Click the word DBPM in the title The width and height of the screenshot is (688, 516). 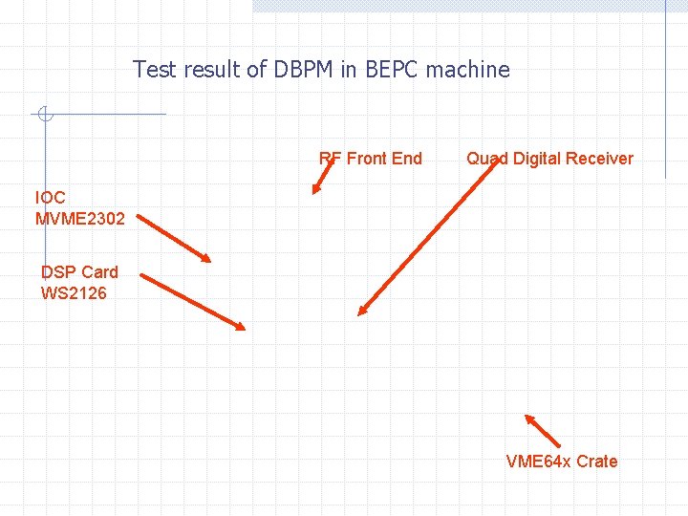coord(301,70)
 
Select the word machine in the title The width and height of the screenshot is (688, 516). coord(468,70)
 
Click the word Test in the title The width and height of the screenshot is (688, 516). coord(152,70)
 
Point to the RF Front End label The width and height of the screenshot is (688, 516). coord(370,159)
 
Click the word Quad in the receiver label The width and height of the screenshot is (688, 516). coord(487,159)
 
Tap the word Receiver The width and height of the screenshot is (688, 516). coord(600,159)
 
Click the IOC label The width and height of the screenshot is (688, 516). coord(51,198)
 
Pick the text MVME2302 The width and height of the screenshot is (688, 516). coord(80,219)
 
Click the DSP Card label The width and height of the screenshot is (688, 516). coord(79,272)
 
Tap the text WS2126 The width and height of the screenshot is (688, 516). coord(74,293)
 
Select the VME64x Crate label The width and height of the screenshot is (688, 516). coord(562,462)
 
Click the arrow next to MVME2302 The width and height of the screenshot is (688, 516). coord(180,238)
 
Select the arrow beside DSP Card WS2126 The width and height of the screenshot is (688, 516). coord(193,302)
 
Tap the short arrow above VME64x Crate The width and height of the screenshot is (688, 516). coord(543,431)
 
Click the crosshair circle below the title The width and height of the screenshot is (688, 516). coord(44,115)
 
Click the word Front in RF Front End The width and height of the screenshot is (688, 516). coord(367,159)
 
